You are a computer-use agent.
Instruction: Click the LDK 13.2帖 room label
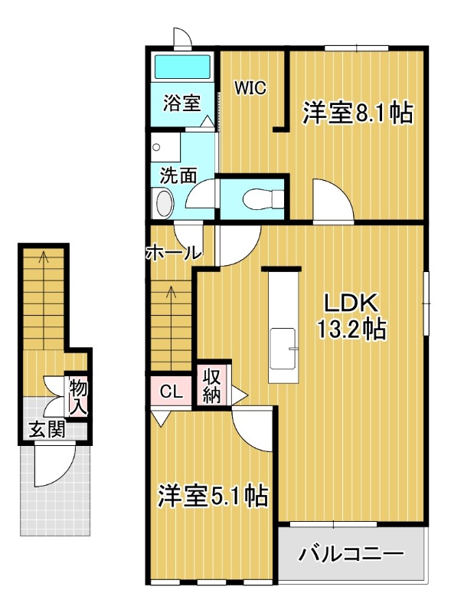[351, 316]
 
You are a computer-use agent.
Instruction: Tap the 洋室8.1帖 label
[357, 113]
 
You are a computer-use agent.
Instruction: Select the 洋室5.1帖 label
[212, 496]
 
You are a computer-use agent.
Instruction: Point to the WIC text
[250, 87]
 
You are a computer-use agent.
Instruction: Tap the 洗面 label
[178, 175]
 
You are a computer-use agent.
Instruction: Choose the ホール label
[173, 252]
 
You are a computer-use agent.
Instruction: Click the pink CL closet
[170, 392]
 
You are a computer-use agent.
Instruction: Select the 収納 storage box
[211, 385]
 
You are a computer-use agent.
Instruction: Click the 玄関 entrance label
[47, 429]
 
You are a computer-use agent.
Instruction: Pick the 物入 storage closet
[78, 397]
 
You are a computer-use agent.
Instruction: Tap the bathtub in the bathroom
[185, 67]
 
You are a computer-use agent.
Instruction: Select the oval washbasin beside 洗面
[163, 204]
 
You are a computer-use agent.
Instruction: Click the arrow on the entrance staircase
[44, 261]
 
